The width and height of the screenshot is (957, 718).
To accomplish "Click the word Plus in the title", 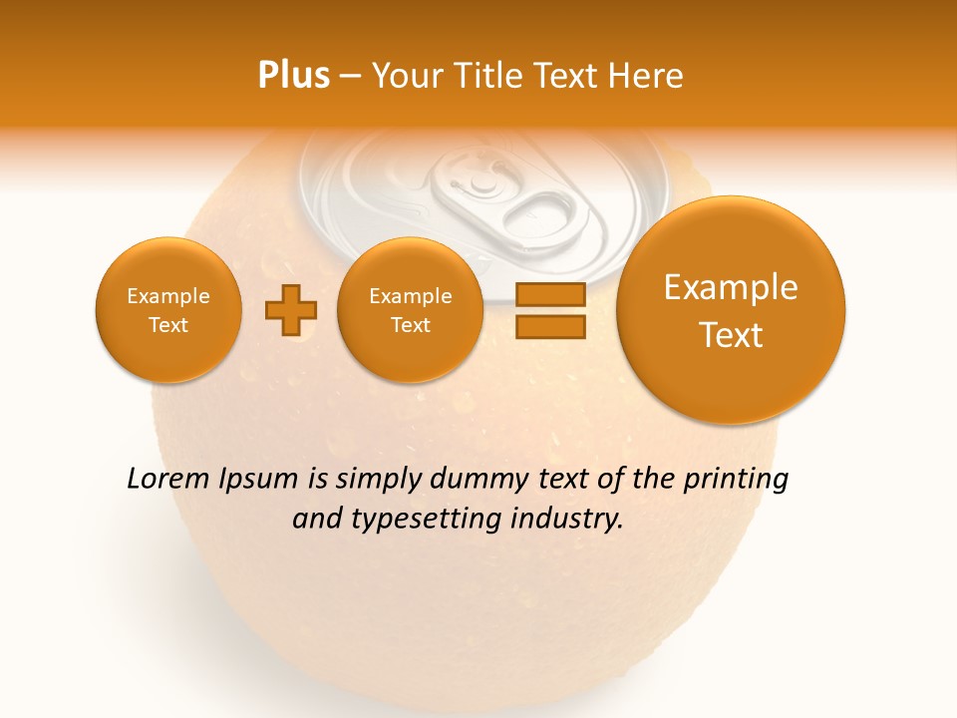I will pos(294,76).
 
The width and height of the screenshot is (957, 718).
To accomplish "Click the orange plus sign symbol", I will pos(291,310).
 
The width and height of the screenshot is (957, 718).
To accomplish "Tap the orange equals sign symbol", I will pos(550,310).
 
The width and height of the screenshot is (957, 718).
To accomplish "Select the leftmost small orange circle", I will pos(168,310).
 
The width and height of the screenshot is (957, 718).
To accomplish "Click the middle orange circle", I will pos(411,310).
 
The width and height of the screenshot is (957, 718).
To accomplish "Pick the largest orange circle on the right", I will pos(731,310).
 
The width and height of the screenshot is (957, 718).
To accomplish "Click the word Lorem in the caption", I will pos(168,480).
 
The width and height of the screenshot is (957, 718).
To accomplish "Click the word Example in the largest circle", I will pos(731,287).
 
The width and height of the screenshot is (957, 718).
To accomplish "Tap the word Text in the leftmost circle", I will pos(168,325).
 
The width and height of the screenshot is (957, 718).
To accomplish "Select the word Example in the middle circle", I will pos(411,296).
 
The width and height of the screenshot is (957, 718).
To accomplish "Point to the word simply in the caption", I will pos(379,480).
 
